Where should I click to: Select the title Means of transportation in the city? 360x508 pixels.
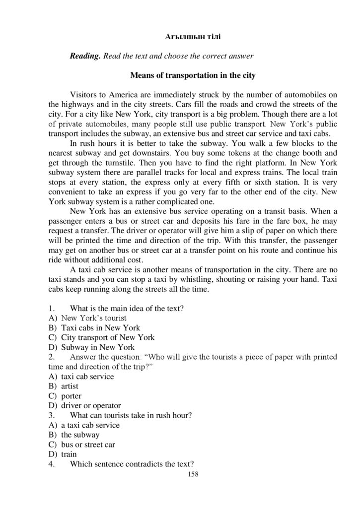tap(193, 75)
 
